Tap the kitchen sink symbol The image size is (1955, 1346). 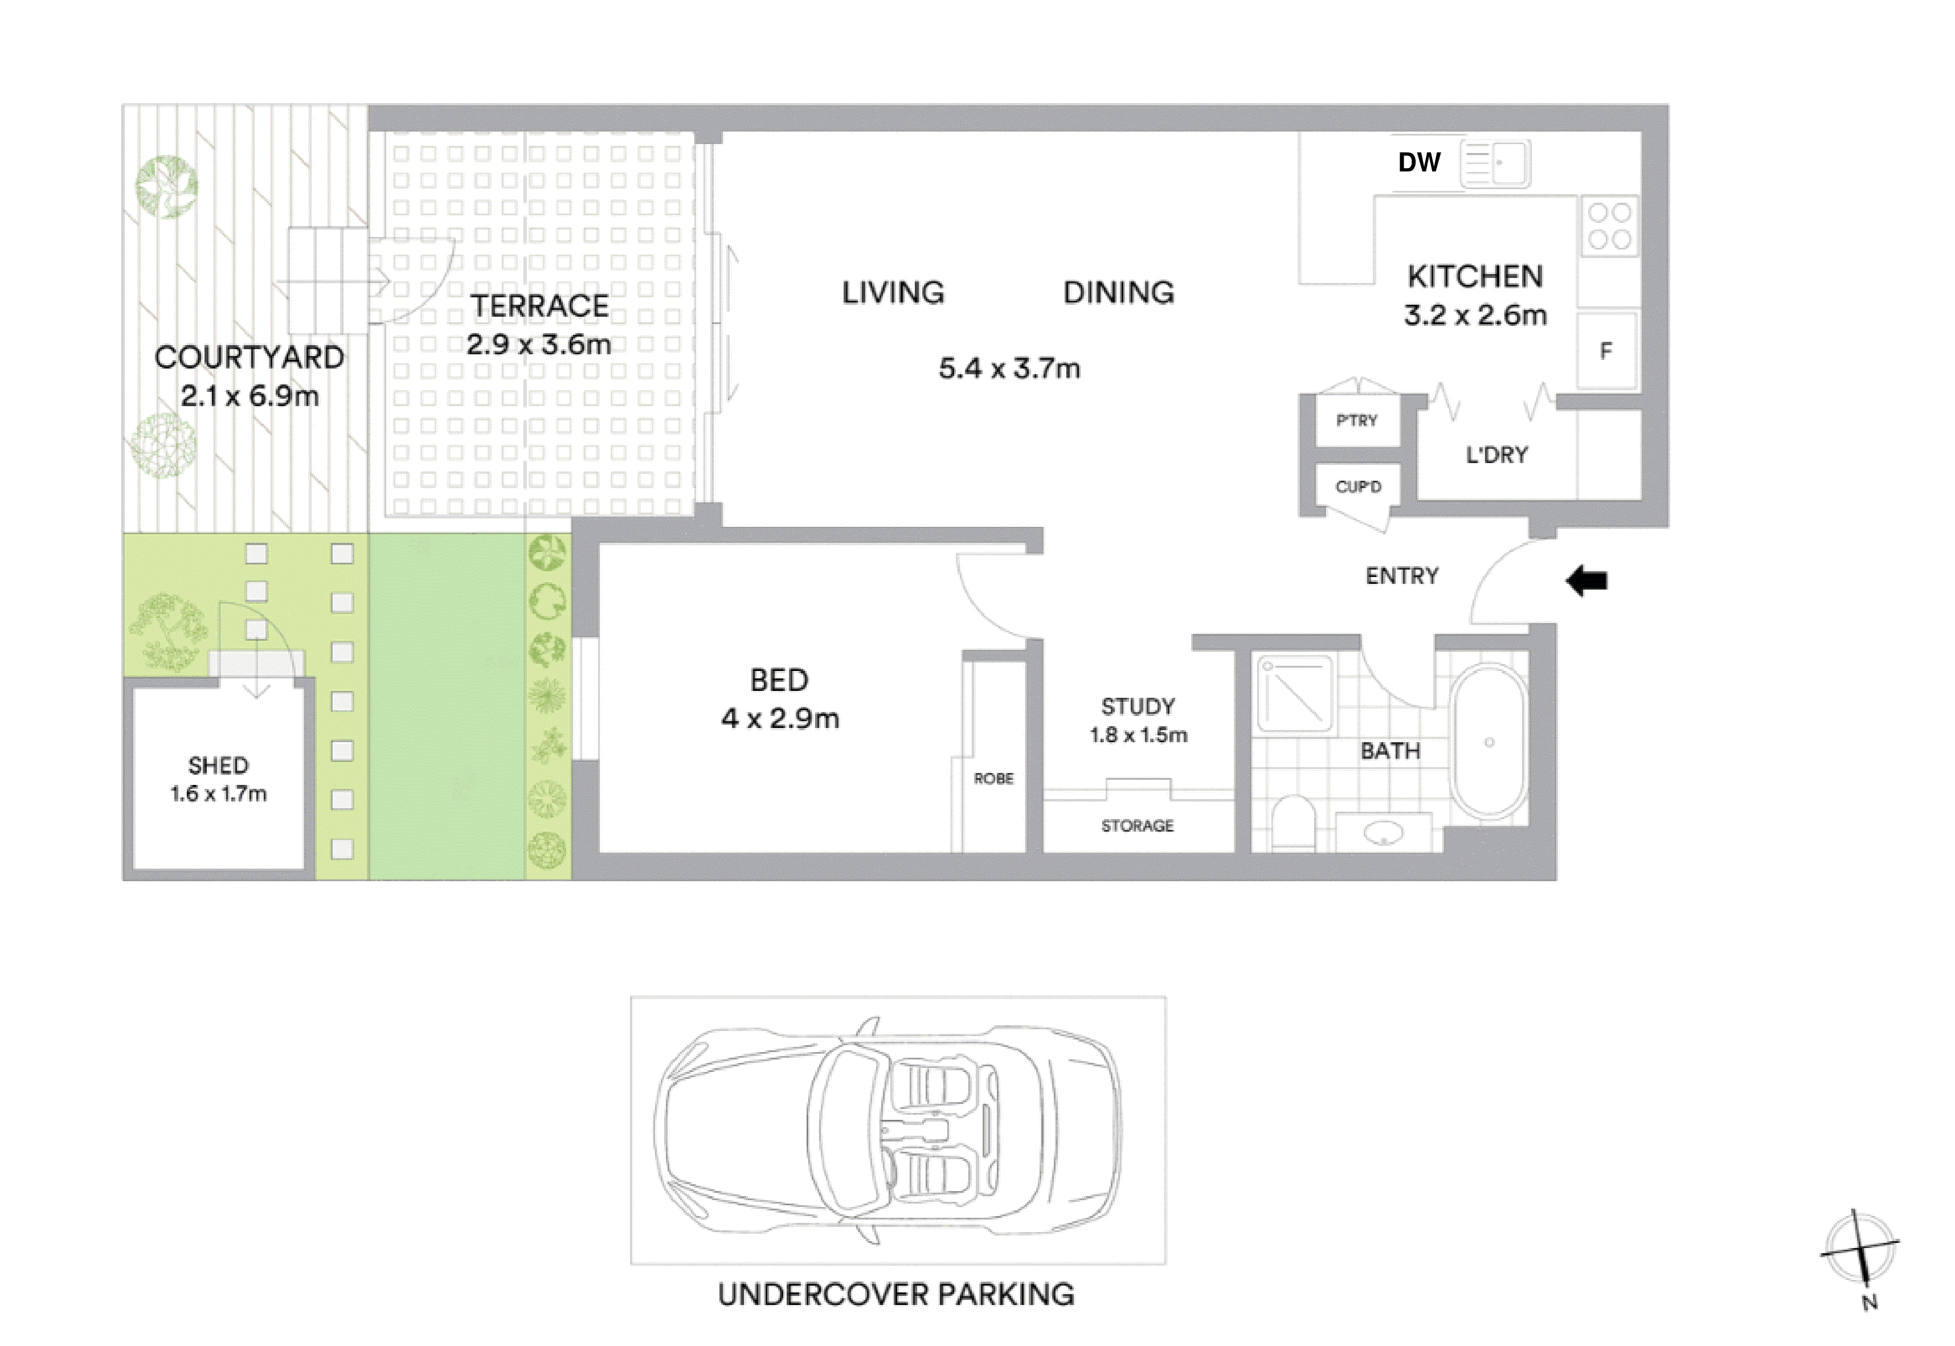tap(1495, 163)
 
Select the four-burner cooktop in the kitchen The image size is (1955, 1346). tap(1608, 226)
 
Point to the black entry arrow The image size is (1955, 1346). tap(1586, 581)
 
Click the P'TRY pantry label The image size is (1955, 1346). tap(1356, 420)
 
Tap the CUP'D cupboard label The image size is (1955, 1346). tap(1358, 486)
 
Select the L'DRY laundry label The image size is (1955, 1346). tap(1496, 456)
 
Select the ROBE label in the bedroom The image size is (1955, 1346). tap(993, 779)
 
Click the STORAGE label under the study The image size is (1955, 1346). tap(1137, 825)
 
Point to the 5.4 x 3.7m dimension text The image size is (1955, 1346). tap(1009, 369)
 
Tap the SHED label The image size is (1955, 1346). tap(218, 766)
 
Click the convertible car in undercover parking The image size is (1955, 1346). tap(887, 1131)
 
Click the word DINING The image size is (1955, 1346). tap(1118, 293)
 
